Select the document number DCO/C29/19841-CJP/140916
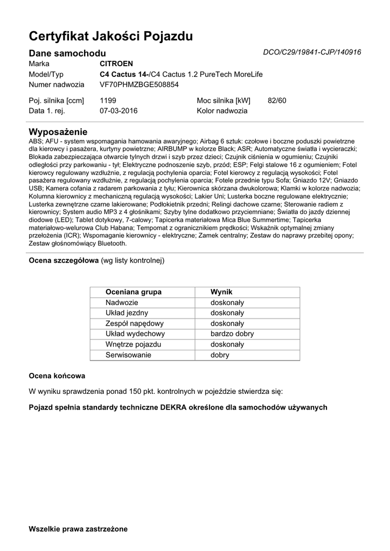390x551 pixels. (312, 52)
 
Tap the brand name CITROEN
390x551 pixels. (117, 63)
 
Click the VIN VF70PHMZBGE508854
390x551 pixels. (139, 84)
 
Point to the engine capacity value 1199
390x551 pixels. (108, 100)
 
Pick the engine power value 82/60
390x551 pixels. (277, 100)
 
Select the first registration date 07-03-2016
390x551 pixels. (119, 111)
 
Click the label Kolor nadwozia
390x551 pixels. (222, 111)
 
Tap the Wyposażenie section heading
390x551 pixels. (58, 132)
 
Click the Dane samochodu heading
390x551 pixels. (67, 53)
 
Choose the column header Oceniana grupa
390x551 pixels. (134, 292)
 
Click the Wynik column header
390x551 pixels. (221, 292)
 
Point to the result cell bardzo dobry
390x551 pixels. (232, 334)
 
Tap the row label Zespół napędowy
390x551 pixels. (135, 323)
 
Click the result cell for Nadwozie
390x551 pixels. (227, 302)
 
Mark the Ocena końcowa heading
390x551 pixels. (57, 375)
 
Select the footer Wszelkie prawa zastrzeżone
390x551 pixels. (78, 529)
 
